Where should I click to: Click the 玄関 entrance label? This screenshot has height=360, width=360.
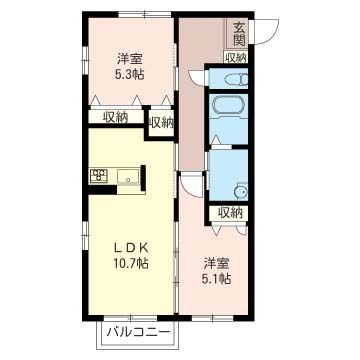point(239,33)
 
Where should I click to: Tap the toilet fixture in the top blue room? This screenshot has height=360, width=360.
point(237,80)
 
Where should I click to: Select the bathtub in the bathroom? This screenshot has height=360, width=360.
point(228,105)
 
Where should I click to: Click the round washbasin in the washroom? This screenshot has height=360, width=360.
point(241,192)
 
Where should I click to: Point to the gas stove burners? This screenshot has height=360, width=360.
point(99,175)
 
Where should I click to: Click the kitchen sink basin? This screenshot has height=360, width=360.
point(128,176)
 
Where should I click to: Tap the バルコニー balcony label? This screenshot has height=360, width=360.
point(138,332)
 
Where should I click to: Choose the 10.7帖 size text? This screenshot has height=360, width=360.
point(130,264)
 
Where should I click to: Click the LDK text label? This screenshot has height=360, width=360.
point(131,248)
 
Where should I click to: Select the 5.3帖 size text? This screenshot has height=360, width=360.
point(130,74)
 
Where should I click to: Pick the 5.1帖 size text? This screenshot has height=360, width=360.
point(216,278)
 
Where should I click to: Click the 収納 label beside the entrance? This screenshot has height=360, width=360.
point(236,57)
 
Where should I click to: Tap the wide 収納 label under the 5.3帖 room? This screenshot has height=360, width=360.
point(115,117)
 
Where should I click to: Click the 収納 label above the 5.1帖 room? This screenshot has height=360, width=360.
point(231,212)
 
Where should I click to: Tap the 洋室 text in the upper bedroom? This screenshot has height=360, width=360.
point(130,59)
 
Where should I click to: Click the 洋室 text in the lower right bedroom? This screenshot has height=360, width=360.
point(216,264)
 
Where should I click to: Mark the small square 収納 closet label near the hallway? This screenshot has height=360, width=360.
point(161,123)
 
